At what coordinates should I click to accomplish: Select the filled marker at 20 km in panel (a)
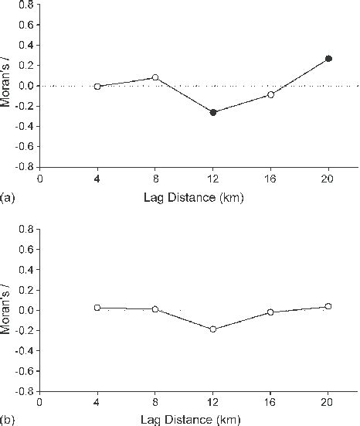click(328, 58)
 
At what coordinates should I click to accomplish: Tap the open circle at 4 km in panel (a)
click(97, 87)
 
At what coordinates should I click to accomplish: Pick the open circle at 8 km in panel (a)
click(155, 77)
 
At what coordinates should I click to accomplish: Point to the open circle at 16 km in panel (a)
click(270, 94)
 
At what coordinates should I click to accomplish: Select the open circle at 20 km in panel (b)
click(328, 306)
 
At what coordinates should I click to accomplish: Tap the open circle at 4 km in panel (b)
click(97, 308)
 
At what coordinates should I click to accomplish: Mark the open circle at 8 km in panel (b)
click(155, 309)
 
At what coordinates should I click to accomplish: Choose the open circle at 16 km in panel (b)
click(270, 312)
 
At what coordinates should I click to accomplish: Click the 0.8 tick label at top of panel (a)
click(25, 5)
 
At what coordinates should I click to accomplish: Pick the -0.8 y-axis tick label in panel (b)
click(23, 391)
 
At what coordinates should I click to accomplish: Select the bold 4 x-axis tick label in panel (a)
click(97, 177)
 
